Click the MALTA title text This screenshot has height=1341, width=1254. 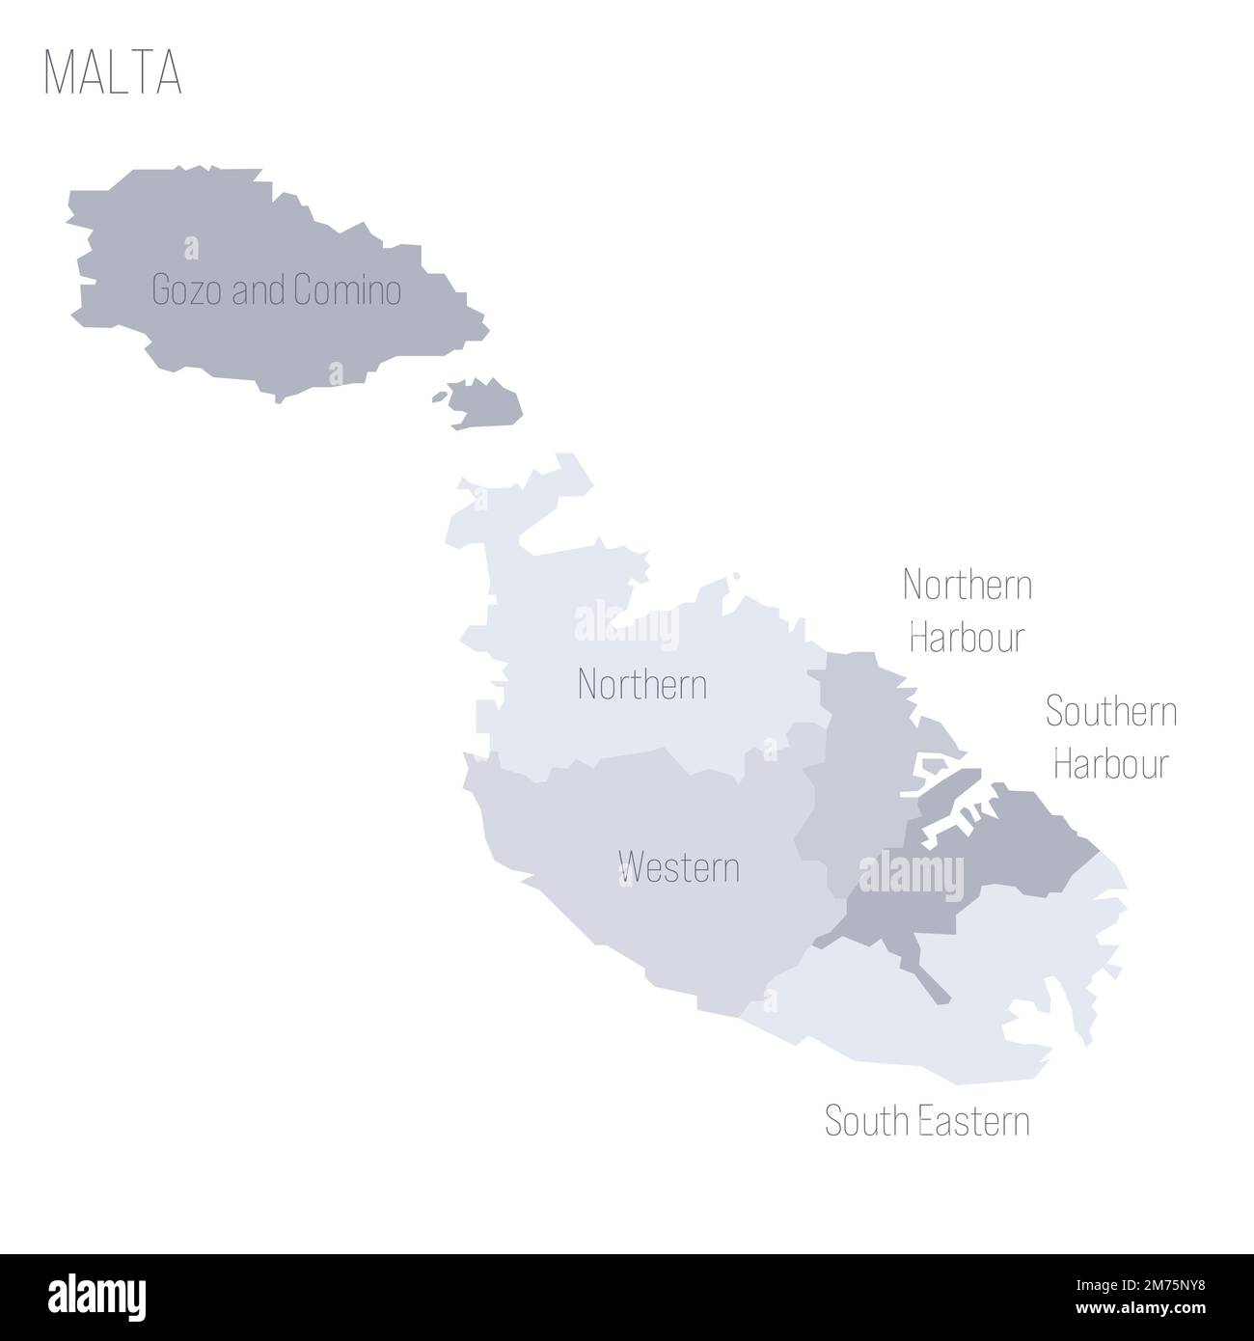tap(113, 72)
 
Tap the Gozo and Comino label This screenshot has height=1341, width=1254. tap(277, 290)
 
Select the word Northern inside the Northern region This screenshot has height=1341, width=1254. tap(641, 685)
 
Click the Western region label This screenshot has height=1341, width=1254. tap(680, 866)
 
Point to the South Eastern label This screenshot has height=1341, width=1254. tap(927, 1121)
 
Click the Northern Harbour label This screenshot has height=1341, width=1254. tap(967, 611)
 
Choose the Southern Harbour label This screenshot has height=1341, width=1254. tap(1111, 738)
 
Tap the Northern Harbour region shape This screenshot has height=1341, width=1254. tap(854, 762)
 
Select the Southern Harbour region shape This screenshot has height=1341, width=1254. tap(1022, 849)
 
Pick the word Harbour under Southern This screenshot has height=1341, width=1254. tap(1111, 764)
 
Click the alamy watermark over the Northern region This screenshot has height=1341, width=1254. tap(626, 627)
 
